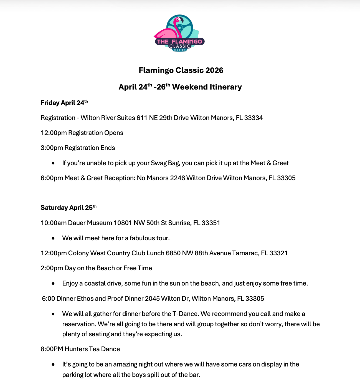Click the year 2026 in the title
pos(214,70)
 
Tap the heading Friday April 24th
pos(64,103)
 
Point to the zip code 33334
pos(253,118)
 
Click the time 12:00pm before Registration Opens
pos(54,133)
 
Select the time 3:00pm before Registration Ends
pos(52,148)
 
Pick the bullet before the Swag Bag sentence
pos(53,163)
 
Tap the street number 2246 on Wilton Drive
pos(178,178)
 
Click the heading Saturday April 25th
pos(68,208)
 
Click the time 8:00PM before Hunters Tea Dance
pos(52,349)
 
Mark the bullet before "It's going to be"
pos(53,365)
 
